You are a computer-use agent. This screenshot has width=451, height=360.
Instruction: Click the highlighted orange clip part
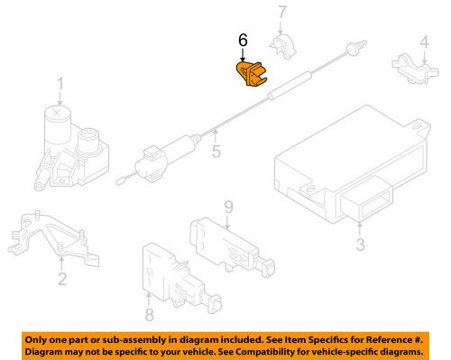(251, 74)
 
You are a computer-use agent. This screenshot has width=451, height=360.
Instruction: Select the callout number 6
(243, 40)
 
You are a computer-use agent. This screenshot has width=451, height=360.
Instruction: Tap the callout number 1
(60, 84)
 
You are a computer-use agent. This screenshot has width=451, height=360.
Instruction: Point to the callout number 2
(62, 279)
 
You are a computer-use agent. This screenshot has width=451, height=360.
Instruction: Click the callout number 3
(361, 245)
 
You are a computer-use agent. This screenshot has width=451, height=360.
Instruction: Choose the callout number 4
(424, 42)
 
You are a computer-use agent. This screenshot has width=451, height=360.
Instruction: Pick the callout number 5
(216, 151)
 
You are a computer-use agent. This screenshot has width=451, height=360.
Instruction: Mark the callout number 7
(281, 12)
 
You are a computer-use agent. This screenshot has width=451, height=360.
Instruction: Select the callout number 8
(150, 314)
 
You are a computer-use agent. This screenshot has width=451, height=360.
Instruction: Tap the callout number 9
(229, 208)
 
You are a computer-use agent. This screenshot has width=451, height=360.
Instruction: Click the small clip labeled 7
(283, 47)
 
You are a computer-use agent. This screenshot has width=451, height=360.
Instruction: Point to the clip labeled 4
(415, 69)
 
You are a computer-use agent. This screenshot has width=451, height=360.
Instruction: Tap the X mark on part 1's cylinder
(57, 113)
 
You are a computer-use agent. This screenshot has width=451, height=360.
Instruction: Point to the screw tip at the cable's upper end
(364, 42)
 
